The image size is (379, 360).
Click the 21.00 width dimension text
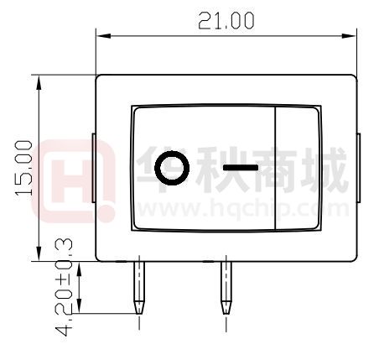coord(226,21)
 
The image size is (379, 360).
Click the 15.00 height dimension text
coord(23,169)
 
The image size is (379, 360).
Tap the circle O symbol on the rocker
coord(172,168)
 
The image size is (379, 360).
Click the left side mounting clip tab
coord(92,167)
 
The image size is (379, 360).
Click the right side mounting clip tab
coord(358,167)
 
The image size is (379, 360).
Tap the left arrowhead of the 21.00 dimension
coord(101,35)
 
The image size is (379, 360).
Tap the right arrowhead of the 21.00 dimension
coord(351,35)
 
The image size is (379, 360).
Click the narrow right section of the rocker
coord(298,168)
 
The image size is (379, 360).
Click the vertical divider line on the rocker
coord(276,168)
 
